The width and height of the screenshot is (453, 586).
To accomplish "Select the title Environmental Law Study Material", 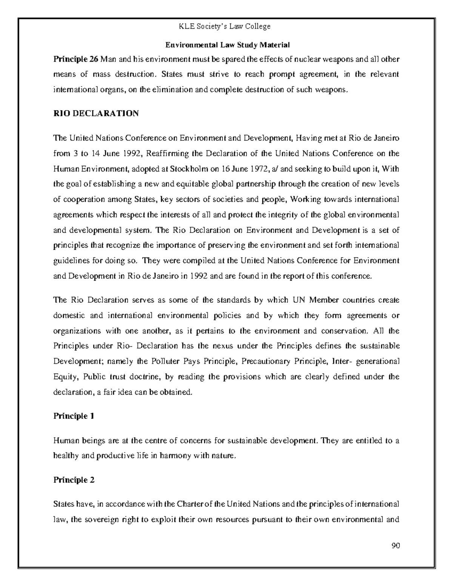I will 228,45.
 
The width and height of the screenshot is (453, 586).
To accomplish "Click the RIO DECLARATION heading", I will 96,114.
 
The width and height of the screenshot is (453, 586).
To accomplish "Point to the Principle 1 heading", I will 74,416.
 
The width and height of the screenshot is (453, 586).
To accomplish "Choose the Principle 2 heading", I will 74,480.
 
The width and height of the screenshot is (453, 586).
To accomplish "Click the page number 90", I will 395,546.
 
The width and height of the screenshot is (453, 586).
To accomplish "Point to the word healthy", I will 66,456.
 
